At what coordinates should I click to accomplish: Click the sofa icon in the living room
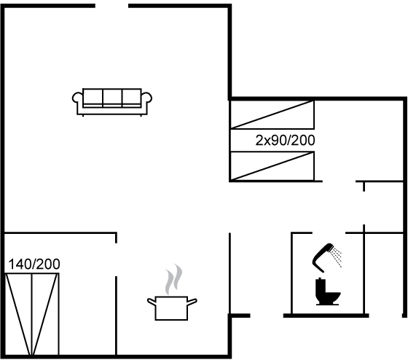coord(112,102)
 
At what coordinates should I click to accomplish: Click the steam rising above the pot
coord(173,279)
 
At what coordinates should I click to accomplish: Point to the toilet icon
coord(328,291)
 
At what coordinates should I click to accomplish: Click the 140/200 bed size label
coord(34,264)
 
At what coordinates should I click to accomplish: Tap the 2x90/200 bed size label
coord(285,141)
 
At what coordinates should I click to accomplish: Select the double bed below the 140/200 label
coord(32,314)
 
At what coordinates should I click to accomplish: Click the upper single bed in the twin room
coord(272,114)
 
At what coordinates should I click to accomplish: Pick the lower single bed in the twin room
coord(272,166)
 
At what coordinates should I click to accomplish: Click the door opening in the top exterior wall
coord(112,6)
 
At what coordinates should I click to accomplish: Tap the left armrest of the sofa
coord(77,98)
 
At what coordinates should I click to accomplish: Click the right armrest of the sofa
coord(146,98)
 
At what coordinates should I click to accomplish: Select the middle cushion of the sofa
coord(112,98)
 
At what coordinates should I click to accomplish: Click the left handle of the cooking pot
coord(152,302)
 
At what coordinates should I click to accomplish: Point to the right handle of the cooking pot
coord(192,302)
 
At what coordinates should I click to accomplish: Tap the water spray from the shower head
coord(337,257)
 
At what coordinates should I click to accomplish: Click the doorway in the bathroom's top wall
coord(329,232)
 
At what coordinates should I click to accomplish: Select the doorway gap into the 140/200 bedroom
coord(116,259)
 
